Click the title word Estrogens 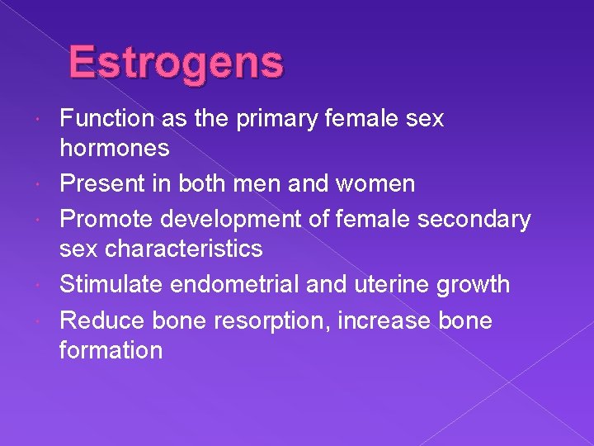(x=176, y=62)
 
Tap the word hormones (x=114, y=148)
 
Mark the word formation (x=111, y=349)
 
